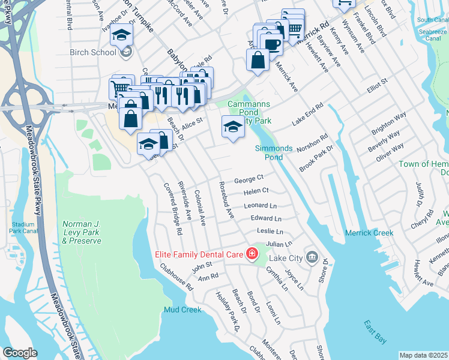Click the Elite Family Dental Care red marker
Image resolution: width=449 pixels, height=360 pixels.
point(252,254)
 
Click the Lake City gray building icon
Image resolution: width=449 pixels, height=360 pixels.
point(311,257)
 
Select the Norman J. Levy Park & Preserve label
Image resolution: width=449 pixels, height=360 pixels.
point(82,232)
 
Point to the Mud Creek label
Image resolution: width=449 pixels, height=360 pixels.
point(182,310)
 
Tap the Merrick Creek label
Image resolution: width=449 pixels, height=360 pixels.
point(369,233)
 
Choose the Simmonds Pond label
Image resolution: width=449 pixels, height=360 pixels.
point(273,152)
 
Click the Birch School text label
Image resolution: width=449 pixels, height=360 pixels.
point(93,52)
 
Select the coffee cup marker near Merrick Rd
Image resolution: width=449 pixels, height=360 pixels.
point(271,45)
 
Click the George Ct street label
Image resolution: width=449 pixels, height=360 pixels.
point(249,179)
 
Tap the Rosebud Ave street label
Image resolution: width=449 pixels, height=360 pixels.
point(229,200)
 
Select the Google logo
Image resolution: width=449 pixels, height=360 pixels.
point(19,353)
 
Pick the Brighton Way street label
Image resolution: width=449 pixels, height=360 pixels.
point(388,122)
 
